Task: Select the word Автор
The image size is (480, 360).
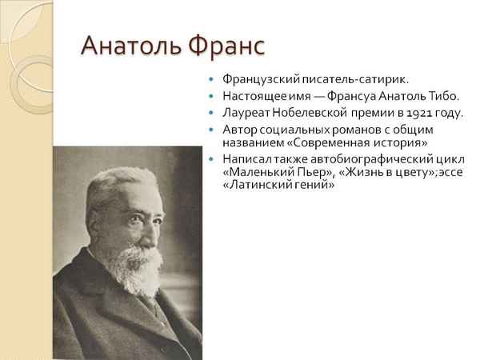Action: click(x=238, y=128)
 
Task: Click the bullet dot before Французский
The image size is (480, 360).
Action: click(x=210, y=81)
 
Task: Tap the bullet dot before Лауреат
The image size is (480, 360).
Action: click(x=210, y=112)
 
